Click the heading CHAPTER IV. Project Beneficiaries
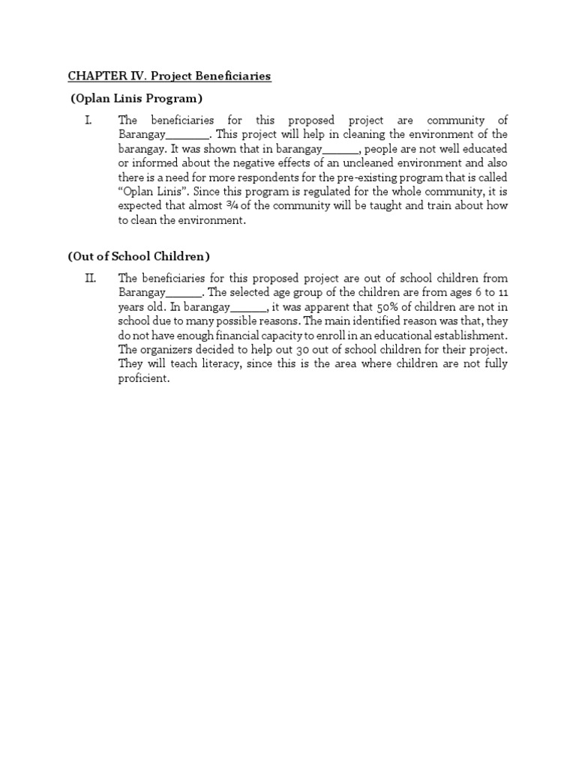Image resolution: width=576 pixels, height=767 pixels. (169, 76)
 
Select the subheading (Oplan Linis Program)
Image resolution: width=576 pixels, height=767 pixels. (137, 99)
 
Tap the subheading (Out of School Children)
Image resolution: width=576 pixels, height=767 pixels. (139, 256)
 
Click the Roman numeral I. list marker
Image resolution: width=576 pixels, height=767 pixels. (89, 121)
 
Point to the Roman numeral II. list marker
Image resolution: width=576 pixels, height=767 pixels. (91, 279)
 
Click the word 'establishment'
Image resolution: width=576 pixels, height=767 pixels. (466, 335)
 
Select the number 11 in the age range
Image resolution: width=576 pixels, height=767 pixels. (502, 292)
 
